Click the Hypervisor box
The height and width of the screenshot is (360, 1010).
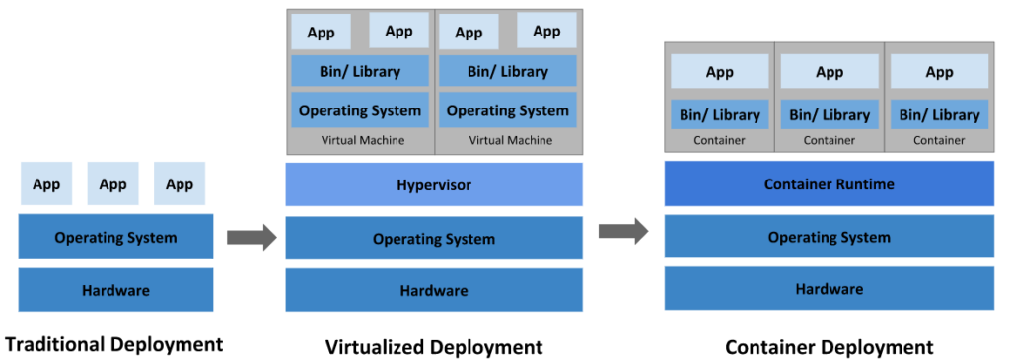434,184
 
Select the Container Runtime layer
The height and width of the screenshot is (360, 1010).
829,184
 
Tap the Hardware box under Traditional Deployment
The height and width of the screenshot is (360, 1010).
115,290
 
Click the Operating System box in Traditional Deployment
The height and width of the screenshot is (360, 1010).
115,238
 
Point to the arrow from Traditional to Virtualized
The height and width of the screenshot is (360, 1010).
251,237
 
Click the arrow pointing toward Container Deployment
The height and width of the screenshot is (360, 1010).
622,231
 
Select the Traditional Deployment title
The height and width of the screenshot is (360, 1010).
114,344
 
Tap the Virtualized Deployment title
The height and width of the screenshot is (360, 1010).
434,346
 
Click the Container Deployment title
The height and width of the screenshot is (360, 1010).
829,347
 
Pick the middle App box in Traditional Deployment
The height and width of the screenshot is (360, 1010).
113,184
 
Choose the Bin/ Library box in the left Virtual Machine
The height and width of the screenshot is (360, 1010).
360,71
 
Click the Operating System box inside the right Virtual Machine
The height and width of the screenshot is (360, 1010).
507,110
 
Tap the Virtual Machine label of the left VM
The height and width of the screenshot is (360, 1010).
362,140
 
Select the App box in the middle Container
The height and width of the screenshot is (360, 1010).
830,72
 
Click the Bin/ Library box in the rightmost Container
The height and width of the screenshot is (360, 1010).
939,115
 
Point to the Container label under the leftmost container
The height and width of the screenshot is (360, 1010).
719,140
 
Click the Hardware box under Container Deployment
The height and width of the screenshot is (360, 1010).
829,289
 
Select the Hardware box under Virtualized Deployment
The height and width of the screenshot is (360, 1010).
434,290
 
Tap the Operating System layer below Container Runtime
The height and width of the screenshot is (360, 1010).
829,237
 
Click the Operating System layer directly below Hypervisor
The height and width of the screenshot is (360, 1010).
434,239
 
